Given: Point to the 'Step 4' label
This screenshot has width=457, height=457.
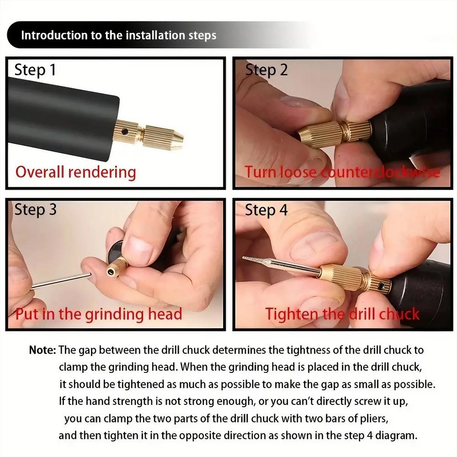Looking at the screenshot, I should (266, 210).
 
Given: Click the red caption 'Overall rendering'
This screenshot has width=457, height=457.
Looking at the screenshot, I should (76, 172).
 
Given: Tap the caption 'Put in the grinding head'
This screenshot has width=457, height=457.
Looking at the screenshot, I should (99, 314).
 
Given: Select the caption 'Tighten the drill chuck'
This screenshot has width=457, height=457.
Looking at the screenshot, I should (342, 314).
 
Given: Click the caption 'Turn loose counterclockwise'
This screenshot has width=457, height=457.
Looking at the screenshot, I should (342, 172).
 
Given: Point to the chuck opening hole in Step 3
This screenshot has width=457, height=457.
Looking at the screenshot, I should (111, 271).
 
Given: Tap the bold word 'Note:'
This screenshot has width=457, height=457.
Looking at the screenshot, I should (43, 351).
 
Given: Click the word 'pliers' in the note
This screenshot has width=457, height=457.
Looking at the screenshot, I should (374, 419).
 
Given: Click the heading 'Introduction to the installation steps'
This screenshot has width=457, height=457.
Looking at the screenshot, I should (119, 35).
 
